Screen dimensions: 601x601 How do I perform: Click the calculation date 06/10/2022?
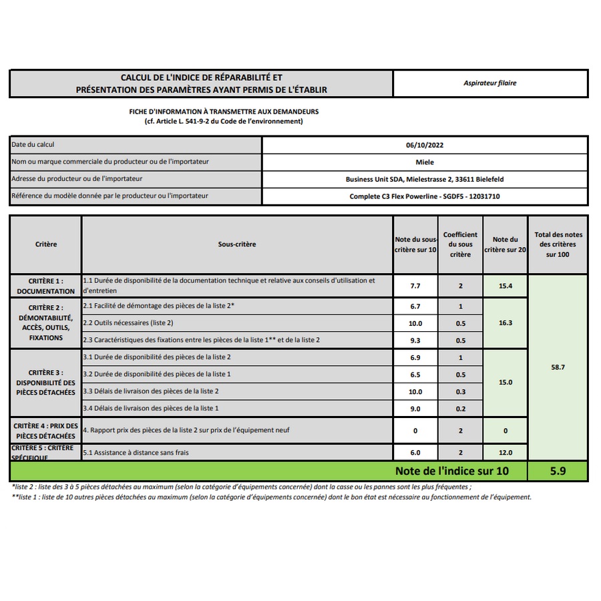tap(425, 145)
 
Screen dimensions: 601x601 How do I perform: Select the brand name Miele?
tap(425, 162)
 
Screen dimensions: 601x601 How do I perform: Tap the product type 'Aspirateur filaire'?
tap(490, 83)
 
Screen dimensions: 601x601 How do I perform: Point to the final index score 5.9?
tap(558, 471)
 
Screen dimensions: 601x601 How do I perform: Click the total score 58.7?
tap(558, 367)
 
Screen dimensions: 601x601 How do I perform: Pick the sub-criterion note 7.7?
tap(415, 286)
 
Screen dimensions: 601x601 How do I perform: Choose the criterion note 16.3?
tap(505, 323)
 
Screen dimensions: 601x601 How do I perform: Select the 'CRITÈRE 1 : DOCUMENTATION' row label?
tap(46, 286)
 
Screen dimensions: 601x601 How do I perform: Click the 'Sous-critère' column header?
tap(237, 244)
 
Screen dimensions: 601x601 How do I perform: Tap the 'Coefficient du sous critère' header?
tap(460, 244)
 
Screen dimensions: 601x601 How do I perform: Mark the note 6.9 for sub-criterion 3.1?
tap(415, 358)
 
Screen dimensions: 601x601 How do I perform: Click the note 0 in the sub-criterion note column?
tap(415, 431)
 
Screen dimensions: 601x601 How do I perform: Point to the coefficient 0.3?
tap(460, 392)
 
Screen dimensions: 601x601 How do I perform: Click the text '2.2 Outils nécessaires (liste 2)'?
tap(128, 323)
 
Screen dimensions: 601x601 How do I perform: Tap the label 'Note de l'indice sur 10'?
tap(451, 471)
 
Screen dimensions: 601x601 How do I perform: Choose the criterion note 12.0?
tap(505, 453)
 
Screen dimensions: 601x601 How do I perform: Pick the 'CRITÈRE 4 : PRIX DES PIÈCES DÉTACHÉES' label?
tap(46, 431)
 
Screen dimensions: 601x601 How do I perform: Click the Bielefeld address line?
tap(425, 179)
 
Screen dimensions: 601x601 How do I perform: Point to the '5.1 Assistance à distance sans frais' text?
tap(136, 453)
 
